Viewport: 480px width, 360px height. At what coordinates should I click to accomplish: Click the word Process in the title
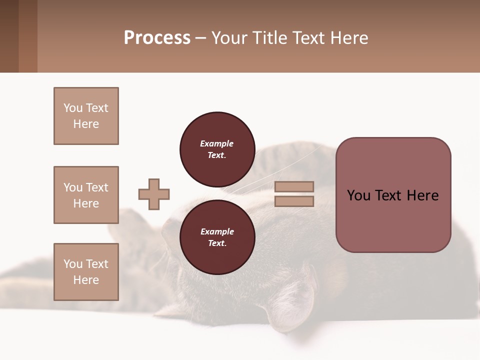coord(157,38)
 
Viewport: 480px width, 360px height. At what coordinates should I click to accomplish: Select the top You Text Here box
coord(86,116)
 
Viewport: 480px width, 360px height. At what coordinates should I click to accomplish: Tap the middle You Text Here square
coord(86,195)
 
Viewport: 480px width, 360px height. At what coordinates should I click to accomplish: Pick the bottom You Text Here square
coord(86,272)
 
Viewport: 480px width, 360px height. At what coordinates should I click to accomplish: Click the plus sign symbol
coord(154,194)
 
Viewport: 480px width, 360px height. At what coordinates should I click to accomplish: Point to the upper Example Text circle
coord(217,149)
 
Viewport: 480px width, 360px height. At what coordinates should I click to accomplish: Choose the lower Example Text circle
coord(217,237)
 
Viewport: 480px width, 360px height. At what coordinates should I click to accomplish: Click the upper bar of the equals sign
coord(294,187)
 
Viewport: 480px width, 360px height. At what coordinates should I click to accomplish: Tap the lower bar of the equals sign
coord(294,201)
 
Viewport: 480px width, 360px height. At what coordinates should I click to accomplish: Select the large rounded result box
coord(393,195)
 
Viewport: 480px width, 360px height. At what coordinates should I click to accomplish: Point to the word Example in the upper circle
coord(217,143)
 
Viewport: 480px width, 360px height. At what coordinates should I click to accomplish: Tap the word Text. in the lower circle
coord(217,243)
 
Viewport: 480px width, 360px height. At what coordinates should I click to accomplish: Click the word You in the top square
coord(72,108)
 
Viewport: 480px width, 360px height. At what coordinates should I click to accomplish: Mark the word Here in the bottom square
coord(86,280)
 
